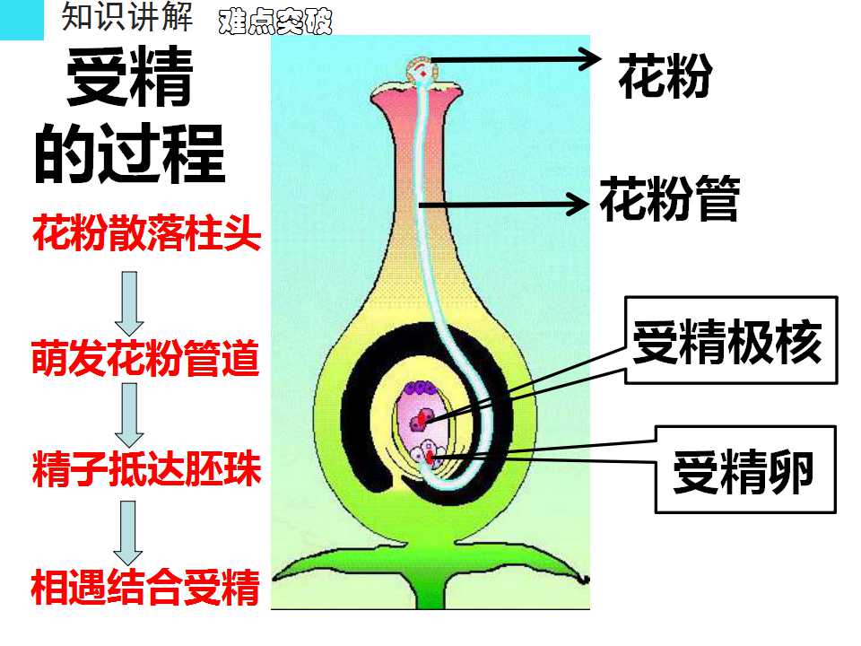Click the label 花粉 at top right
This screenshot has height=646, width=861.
(x=665, y=76)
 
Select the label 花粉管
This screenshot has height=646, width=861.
(x=669, y=199)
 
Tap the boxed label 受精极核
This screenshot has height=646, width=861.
(x=727, y=342)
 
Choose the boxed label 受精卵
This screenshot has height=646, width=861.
(x=744, y=471)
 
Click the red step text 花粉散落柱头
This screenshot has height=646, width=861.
(x=146, y=233)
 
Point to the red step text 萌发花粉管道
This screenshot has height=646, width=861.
(x=145, y=358)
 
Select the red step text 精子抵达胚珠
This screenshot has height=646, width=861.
(x=146, y=468)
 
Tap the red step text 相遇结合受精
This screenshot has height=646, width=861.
(x=145, y=587)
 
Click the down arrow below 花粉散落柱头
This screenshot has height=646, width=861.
(x=129, y=302)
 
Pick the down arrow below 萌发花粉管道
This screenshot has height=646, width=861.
(x=129, y=415)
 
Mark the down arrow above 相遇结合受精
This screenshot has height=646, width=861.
(x=128, y=533)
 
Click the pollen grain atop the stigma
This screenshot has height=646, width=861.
(x=422, y=70)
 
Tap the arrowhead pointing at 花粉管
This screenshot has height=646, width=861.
(x=578, y=205)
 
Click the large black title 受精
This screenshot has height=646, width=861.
(x=130, y=76)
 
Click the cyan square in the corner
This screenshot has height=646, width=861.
(x=22, y=20)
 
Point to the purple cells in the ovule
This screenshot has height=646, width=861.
(x=420, y=388)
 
